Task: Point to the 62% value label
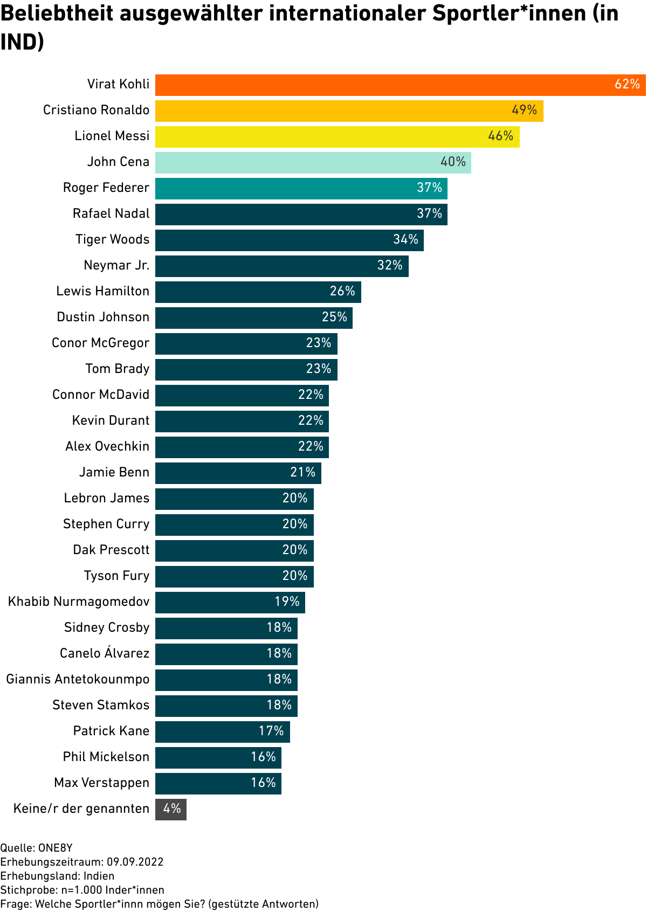click(x=627, y=85)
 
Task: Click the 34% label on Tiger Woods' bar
click(x=405, y=240)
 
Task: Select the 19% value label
click(x=287, y=602)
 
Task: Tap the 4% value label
click(x=172, y=809)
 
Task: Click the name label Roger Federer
click(x=106, y=188)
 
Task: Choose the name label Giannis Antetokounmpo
click(x=78, y=680)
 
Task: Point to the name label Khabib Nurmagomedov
click(x=79, y=602)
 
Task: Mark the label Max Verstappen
click(x=101, y=783)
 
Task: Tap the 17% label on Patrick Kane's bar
click(x=271, y=731)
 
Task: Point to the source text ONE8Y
click(x=55, y=848)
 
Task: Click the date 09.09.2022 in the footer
click(x=135, y=862)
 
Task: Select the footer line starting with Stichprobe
click(x=82, y=890)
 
